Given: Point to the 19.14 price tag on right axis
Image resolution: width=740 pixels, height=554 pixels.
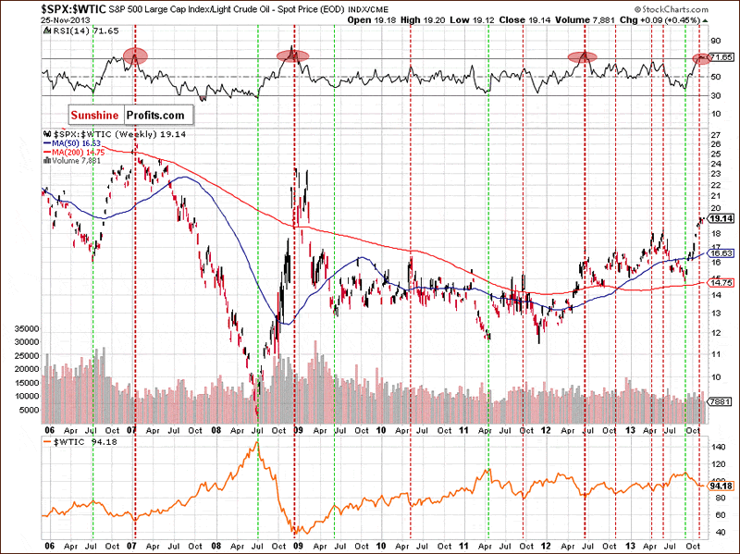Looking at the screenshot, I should tap(721, 219).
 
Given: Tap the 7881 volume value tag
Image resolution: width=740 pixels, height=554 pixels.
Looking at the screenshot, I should tap(721, 402).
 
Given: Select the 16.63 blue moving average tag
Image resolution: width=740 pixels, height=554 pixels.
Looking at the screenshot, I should tap(721, 252).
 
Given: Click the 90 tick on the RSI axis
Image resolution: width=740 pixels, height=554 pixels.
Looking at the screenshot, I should tap(714, 42).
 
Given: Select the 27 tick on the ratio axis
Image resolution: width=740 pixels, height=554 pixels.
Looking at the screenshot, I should tap(715, 136).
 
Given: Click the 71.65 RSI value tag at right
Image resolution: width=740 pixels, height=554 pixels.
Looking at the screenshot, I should tap(721, 57).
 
